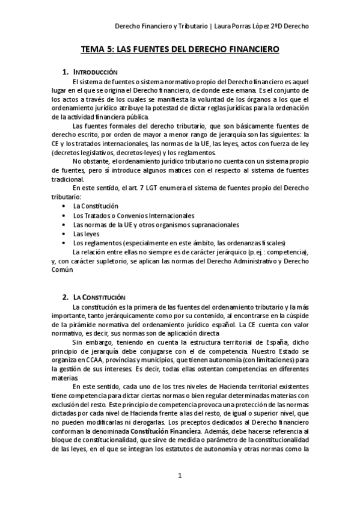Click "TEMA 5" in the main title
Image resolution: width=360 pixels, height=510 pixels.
98,52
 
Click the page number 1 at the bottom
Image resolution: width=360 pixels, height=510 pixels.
180,476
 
